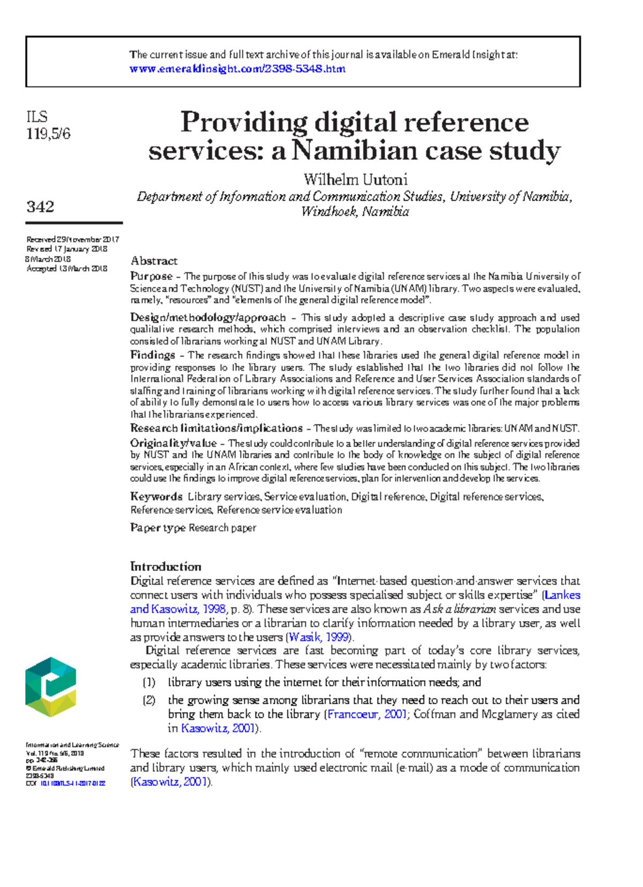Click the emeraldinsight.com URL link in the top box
pos(237,69)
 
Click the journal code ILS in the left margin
pos(37,117)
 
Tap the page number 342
pos(40,207)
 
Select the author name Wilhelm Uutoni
pos(355,180)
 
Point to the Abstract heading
pos(154,261)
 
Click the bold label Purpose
pos(151,277)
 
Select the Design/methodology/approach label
pos(208,317)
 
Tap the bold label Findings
pos(152,355)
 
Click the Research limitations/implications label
pos(216,428)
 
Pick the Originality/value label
pos(173,443)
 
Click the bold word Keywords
pos(156,497)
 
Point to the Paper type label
pos(158,528)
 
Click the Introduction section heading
pos(166,567)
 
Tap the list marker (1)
pos(148,682)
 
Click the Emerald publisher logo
pos(51,687)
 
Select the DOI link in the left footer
pos(72,783)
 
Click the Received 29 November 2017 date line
pos(73,240)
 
